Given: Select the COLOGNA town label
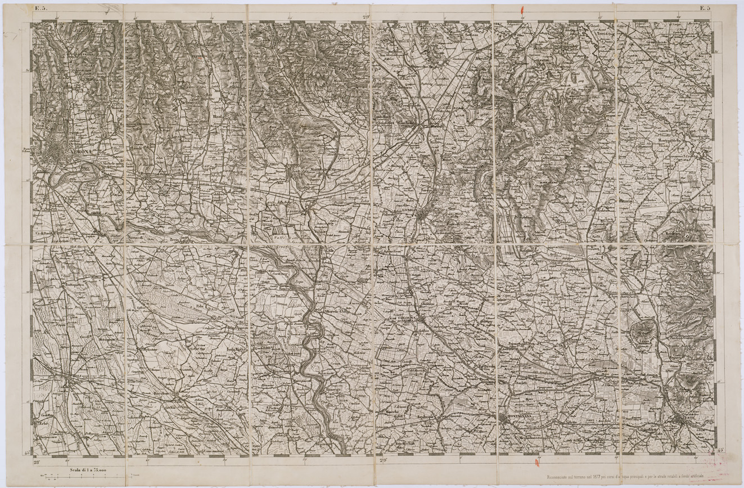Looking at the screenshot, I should [407, 317].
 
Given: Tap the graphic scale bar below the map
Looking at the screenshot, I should [90, 477].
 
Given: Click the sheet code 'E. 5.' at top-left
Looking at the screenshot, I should [40, 8].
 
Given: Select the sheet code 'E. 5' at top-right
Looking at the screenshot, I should [705, 8].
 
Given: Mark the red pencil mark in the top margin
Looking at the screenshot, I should [523, 10].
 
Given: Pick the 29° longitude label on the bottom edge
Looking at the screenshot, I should [384, 460].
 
